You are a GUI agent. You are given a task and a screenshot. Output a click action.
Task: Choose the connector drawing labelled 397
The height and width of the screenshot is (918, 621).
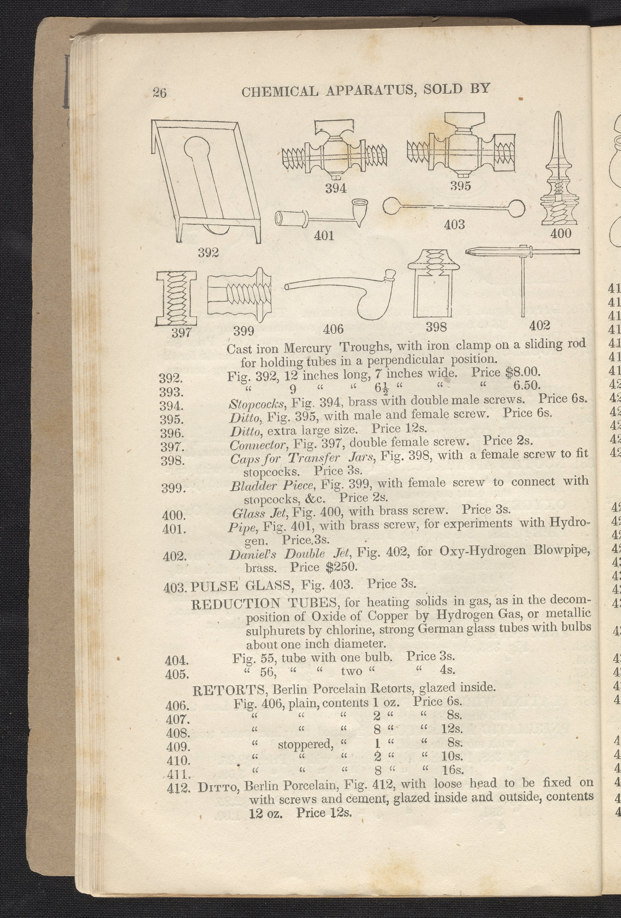click(x=176, y=298)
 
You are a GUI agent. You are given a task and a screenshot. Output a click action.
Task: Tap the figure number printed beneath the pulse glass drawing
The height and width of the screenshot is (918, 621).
click(x=454, y=225)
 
